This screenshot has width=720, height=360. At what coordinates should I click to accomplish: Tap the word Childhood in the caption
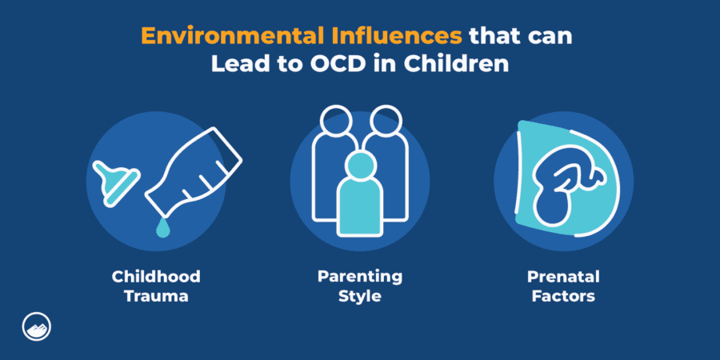(x=156, y=278)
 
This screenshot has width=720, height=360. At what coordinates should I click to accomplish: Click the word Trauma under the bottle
(x=156, y=297)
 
